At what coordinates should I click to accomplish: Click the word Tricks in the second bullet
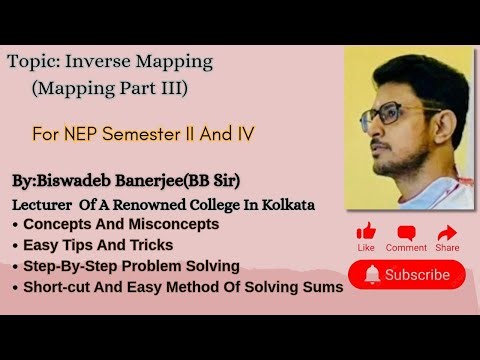tap(149, 245)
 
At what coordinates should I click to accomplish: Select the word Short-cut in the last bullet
tap(59, 287)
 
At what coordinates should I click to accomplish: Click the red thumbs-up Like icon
tap(366, 231)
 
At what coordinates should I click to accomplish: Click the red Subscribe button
tap(407, 274)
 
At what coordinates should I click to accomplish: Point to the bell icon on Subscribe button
tap(372, 274)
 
